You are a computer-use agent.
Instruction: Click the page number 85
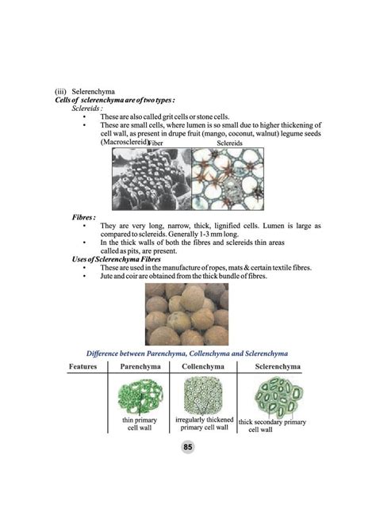188,448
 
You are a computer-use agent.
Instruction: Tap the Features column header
82,367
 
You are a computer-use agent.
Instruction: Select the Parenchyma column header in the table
140,367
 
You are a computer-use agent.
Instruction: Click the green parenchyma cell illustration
139,395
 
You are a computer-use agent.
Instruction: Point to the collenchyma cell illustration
204,394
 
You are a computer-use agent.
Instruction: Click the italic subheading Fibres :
83,216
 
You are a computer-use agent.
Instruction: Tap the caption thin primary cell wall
140,423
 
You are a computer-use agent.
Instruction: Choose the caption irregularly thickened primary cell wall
204,423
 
